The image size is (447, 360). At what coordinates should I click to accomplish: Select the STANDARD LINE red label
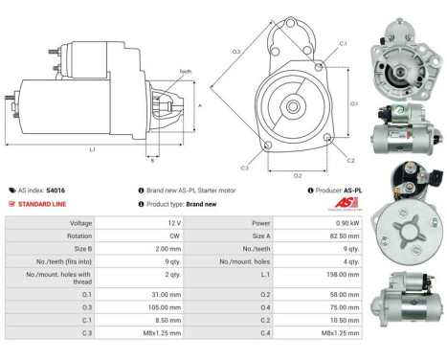click(x=45, y=204)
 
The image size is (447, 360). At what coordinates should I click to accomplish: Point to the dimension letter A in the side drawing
click(x=199, y=105)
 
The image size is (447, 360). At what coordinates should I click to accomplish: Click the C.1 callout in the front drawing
click(x=343, y=44)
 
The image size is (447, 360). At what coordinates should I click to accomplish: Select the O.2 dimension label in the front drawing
click(x=298, y=175)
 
